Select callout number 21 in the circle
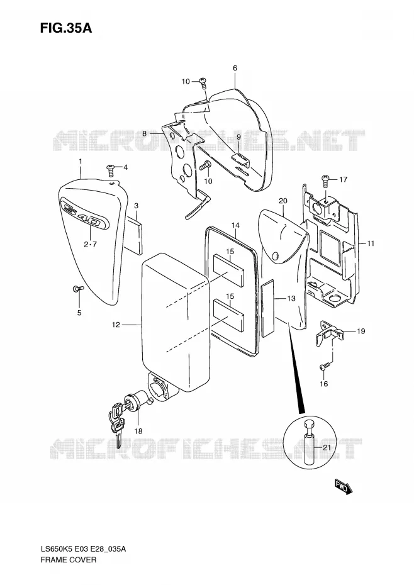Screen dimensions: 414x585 point(327,448)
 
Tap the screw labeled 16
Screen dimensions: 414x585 point(325,366)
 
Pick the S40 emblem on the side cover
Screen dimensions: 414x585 point(87,215)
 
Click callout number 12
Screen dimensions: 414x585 point(116,325)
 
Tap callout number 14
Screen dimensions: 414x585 point(235,225)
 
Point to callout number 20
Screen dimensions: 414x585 point(283,201)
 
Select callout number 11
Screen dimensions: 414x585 point(371,243)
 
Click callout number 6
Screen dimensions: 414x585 point(235,68)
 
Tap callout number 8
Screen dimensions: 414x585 point(145,133)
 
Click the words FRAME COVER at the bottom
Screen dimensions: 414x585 point(69,560)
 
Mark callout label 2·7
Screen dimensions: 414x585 point(90,244)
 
